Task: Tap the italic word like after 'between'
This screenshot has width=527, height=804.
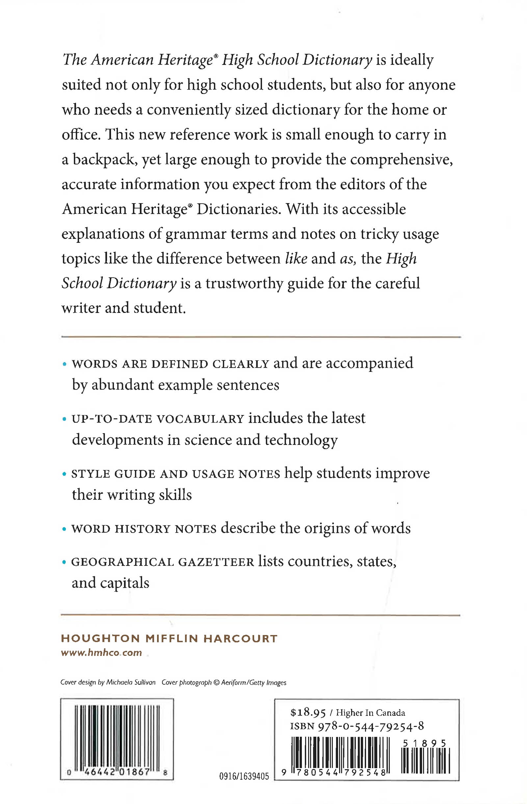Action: (x=296, y=259)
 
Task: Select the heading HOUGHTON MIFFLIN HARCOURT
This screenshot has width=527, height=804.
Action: (x=169, y=638)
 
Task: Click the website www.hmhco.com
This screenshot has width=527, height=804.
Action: (x=101, y=653)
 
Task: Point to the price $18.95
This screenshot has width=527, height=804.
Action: (x=307, y=713)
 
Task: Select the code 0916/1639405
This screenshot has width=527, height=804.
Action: (x=244, y=777)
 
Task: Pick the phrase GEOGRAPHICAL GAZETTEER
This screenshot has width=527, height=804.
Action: (x=162, y=562)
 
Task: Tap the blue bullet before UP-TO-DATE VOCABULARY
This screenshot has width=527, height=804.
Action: (x=64, y=419)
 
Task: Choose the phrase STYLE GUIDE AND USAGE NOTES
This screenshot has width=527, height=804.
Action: (x=175, y=474)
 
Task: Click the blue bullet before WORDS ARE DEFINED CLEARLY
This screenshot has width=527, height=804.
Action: (x=64, y=364)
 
